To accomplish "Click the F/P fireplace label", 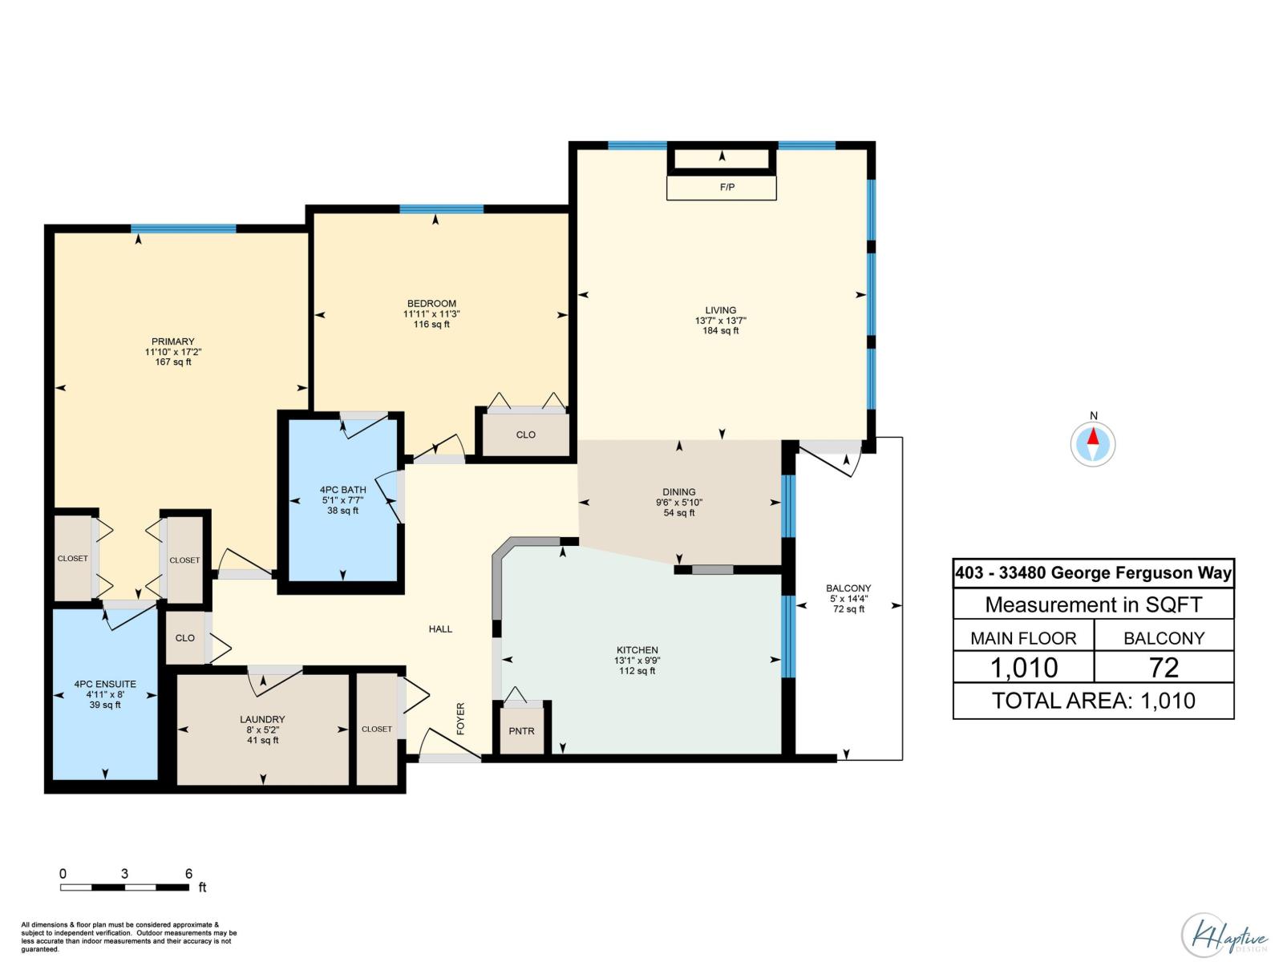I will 726,188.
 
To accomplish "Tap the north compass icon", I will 1092,443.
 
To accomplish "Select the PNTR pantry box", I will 521,730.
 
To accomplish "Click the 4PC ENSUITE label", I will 105,684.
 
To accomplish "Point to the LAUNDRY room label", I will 262,719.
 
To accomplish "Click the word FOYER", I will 460,718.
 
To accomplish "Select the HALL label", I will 440,629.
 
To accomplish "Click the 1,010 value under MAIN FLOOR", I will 1024,667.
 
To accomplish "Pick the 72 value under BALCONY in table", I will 1164,667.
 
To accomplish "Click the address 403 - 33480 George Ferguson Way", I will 1093,573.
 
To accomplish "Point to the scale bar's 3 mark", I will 124,874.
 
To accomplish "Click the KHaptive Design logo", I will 1224,935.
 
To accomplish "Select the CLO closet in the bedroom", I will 525,435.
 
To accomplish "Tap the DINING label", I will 679,492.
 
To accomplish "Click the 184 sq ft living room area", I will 720,330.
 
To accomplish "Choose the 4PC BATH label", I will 342,490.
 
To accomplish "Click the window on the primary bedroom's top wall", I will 184,228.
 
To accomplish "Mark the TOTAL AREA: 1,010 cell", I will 1093,701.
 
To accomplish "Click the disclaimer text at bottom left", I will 128,936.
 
